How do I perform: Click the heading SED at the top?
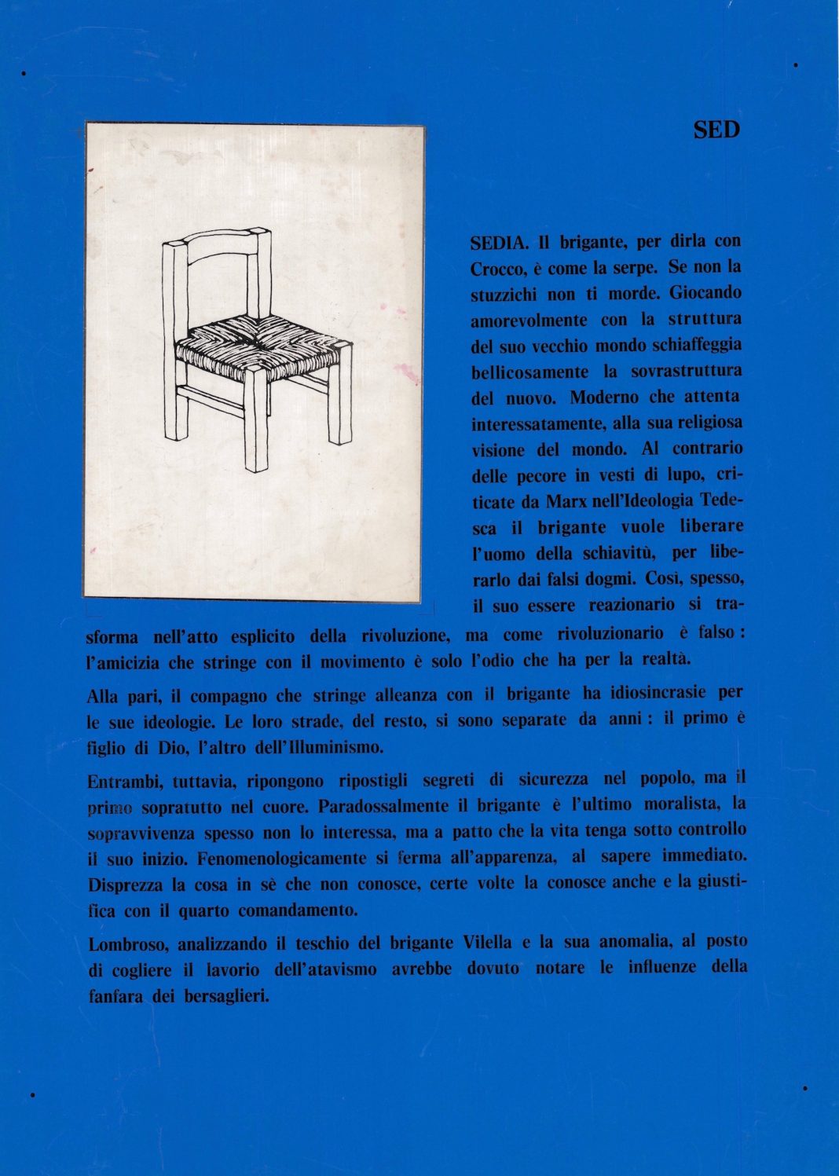[716, 130]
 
